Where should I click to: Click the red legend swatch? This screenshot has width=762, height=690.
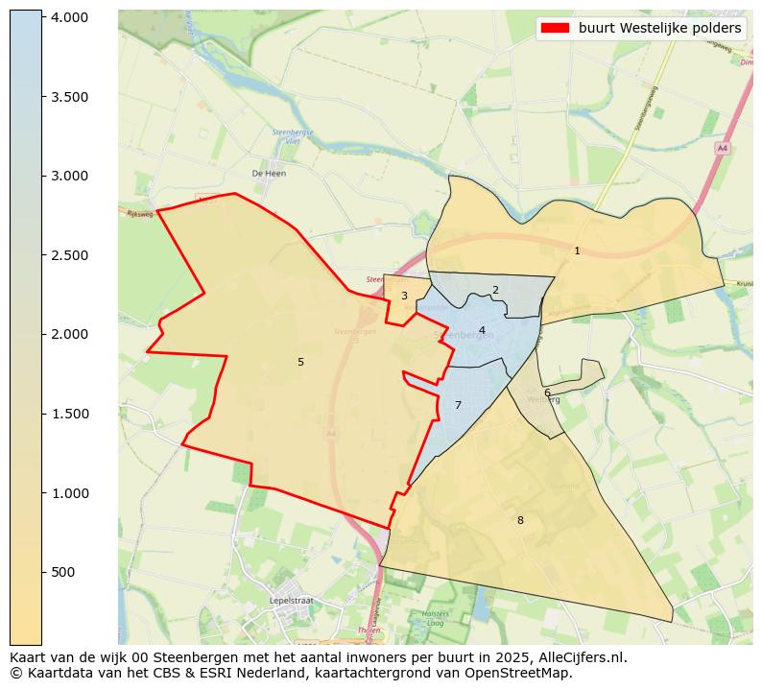(x=555, y=28)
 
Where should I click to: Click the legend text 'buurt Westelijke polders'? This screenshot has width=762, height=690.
(x=659, y=28)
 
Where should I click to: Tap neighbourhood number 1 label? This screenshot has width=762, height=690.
(x=577, y=250)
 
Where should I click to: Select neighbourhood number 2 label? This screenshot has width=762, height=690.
(x=495, y=290)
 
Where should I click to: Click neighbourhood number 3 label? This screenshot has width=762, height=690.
(x=404, y=296)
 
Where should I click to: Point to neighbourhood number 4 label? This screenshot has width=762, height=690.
(x=482, y=330)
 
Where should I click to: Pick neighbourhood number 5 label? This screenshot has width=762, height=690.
(x=300, y=362)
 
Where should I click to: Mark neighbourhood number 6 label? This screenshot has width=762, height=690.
(x=547, y=393)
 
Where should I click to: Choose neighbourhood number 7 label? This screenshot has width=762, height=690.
(x=458, y=405)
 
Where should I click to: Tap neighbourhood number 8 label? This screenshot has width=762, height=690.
(x=520, y=520)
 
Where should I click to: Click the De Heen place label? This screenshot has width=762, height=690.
(x=269, y=174)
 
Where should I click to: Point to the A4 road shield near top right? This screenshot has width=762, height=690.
(x=722, y=148)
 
